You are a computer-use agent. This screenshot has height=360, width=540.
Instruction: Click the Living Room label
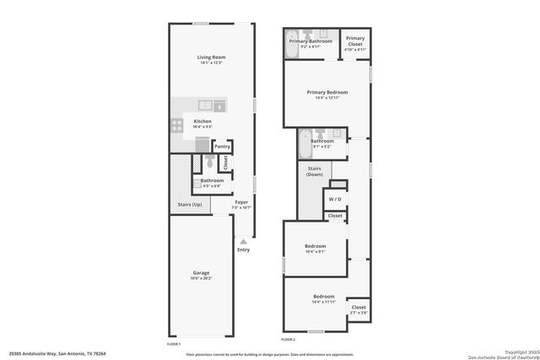pos(212,57)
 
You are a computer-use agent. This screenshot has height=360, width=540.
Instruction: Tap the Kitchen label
pos(202,121)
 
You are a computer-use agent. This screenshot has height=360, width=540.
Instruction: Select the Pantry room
pos(222,147)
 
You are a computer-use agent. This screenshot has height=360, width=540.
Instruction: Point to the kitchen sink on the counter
pos(205,105)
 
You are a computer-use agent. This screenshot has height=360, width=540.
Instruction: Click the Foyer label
pos(241,202)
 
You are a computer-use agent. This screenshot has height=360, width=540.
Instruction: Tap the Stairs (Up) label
pos(190,205)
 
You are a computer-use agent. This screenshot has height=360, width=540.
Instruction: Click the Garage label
pos(201,272)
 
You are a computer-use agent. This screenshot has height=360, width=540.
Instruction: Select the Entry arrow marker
pos(243,241)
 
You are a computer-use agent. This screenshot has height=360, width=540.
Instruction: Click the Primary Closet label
pos(355,39)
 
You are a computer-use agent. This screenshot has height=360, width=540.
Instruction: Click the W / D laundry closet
pos(335,199)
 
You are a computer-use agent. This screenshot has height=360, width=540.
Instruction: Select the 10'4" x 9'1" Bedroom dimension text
pos(315,251)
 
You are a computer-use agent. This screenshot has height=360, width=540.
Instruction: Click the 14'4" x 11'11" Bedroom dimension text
pos(324,302)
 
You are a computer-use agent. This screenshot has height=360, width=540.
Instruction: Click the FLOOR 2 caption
pos(289,339)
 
